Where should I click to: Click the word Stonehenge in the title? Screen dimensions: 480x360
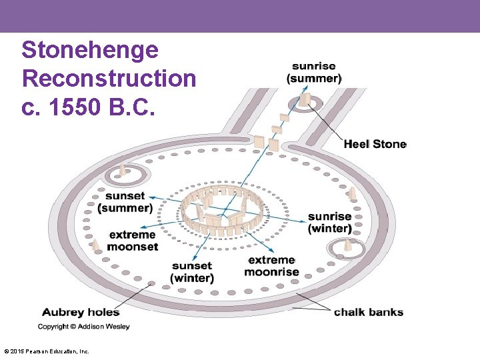click(89, 50)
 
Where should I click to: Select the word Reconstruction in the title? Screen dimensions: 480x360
click(109, 79)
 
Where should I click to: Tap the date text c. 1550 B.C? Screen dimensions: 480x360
click(88, 107)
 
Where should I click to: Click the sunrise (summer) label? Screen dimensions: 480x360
click(314, 72)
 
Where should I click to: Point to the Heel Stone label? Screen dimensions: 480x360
click(375, 144)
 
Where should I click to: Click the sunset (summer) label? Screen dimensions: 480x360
click(125, 202)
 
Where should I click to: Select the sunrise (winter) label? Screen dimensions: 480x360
click(329, 223)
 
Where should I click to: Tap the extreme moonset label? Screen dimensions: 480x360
click(133, 241)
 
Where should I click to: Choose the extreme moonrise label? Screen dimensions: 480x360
click(271, 265)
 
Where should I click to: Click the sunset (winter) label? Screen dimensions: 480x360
click(192, 272)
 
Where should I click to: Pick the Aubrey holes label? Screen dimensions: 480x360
click(81, 312)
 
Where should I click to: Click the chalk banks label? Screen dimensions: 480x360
click(369, 312)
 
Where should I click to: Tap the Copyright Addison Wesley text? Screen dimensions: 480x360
click(84, 327)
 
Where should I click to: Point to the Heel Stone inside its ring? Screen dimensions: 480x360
click(305, 100)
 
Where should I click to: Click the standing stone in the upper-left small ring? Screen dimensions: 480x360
click(122, 171)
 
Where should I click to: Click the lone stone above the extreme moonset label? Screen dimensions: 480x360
click(97, 245)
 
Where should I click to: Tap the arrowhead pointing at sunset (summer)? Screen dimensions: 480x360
click(151, 197)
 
